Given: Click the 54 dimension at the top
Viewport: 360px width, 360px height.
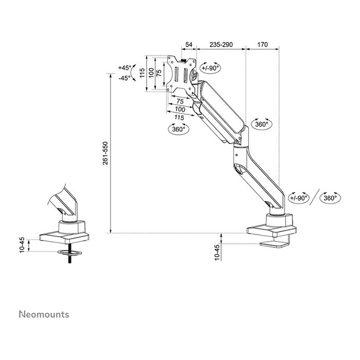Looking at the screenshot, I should (189, 45).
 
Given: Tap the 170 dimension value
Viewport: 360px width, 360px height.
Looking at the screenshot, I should (262, 45).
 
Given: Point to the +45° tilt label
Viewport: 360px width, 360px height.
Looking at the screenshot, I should (124, 68).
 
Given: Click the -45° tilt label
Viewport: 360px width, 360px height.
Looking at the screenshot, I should (124, 78).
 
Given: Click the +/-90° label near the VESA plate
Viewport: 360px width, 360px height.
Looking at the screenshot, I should (210, 67).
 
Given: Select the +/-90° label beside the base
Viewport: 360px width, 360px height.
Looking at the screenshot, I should (298, 197).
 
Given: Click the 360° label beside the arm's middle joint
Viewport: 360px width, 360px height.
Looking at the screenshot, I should (262, 124).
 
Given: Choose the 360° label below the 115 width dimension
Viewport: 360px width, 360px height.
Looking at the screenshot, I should (178, 130).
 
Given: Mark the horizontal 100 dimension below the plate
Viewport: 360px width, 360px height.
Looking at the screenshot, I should (180, 110).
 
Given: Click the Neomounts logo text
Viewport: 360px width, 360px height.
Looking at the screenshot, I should (44, 314).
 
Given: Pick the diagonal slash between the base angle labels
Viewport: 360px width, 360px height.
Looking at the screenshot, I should (314, 197).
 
